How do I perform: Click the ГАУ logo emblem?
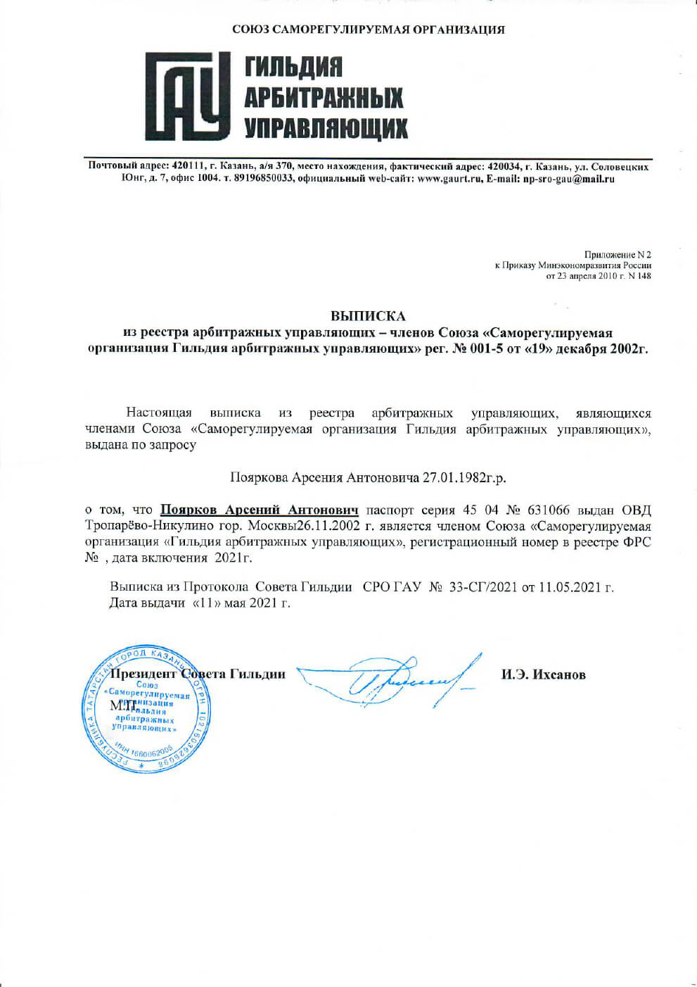(187, 96)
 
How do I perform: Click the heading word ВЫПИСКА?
(368, 316)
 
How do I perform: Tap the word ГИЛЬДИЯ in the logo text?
(293, 68)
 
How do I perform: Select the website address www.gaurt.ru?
(449, 179)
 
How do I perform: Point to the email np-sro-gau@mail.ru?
(568, 179)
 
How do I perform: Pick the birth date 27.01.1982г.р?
(463, 477)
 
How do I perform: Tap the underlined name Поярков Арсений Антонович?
(259, 510)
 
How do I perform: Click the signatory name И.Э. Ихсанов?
(543, 674)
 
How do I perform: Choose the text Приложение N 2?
(618, 254)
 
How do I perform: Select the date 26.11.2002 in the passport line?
(329, 526)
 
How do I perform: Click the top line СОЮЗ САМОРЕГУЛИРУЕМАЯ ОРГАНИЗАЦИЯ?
(369, 30)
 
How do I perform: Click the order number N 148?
(639, 276)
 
